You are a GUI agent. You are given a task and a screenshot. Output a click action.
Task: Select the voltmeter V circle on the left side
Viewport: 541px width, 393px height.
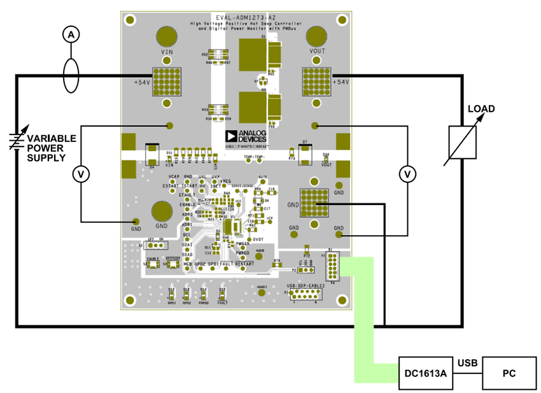(x=81, y=173)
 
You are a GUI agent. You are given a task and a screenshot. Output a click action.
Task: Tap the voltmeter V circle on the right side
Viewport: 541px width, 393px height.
(x=408, y=173)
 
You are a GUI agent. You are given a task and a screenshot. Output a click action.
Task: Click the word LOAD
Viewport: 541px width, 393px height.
(x=481, y=109)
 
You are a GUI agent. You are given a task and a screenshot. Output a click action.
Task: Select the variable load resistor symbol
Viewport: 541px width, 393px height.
(x=462, y=141)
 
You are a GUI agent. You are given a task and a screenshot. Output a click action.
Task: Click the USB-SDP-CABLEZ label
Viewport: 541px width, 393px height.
(x=306, y=286)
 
